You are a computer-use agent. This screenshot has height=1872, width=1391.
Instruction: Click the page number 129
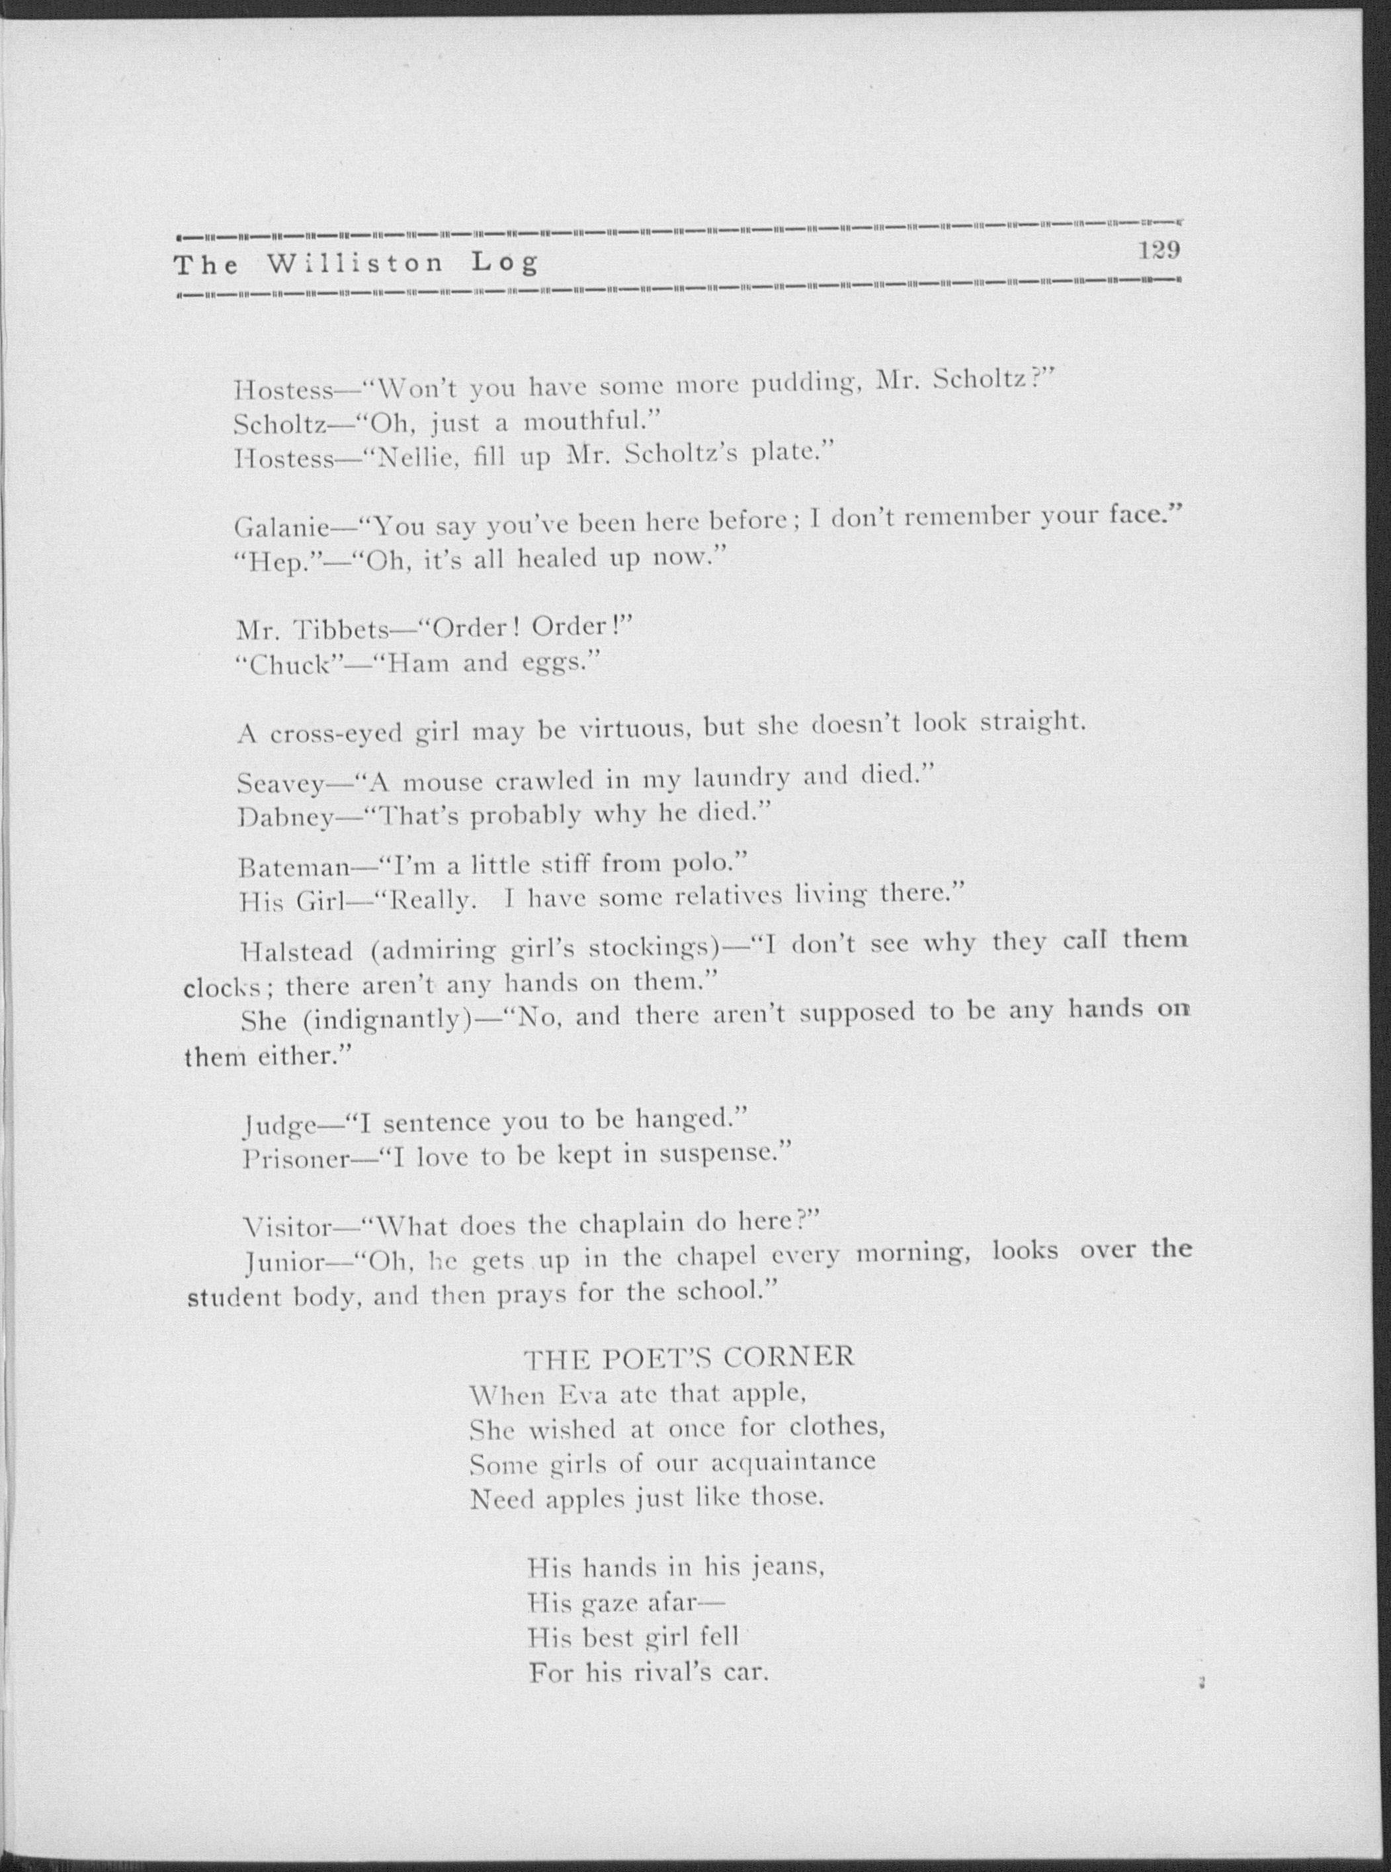pyautogui.click(x=1159, y=250)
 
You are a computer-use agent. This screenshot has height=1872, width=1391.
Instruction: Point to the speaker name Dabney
pyautogui.click(x=284, y=817)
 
